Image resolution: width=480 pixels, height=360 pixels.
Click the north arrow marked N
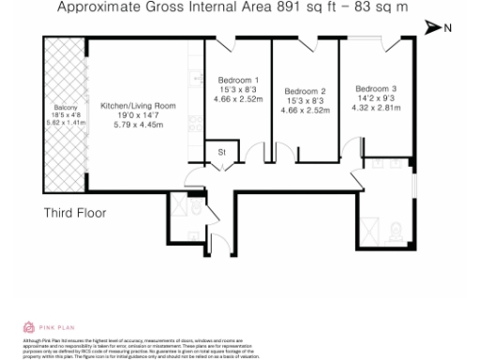coord(438,28)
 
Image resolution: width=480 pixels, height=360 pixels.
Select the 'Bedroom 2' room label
coord(304,91)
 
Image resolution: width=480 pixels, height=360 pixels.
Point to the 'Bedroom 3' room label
coord(376,76)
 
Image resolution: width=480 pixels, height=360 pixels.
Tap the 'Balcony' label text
coord(66,106)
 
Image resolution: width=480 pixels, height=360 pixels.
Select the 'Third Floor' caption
coord(75,213)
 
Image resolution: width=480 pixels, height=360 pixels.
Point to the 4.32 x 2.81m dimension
coord(376,95)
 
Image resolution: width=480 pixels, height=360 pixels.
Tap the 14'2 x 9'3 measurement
coord(376,85)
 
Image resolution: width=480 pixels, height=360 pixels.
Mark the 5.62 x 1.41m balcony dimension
coord(66,123)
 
